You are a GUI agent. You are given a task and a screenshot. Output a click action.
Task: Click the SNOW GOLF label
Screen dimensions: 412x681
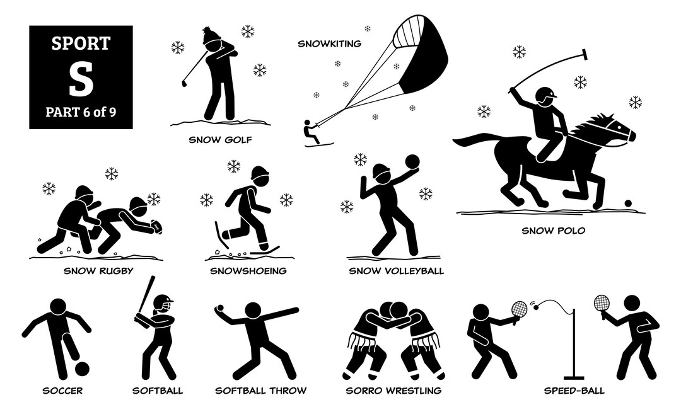pos(221,139)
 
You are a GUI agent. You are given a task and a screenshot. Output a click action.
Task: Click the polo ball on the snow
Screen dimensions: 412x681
pos(627,203)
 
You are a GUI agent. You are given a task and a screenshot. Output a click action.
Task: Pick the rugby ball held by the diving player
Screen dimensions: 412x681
pos(156,226)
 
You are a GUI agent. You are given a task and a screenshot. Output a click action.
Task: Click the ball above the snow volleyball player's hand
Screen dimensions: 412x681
pos(412,161)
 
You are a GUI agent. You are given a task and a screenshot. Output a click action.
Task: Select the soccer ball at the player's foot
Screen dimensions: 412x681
pos(81,368)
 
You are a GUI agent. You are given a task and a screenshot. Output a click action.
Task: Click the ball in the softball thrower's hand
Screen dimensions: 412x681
pos(219,308)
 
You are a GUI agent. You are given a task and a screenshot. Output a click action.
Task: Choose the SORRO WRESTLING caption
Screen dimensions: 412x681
pos(393,391)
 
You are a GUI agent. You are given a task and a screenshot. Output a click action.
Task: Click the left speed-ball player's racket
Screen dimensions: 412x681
pos(518,309)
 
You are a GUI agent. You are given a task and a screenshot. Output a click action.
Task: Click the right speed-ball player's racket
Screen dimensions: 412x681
pos(600,304)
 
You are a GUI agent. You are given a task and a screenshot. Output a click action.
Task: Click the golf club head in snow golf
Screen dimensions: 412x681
pos(184,83)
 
